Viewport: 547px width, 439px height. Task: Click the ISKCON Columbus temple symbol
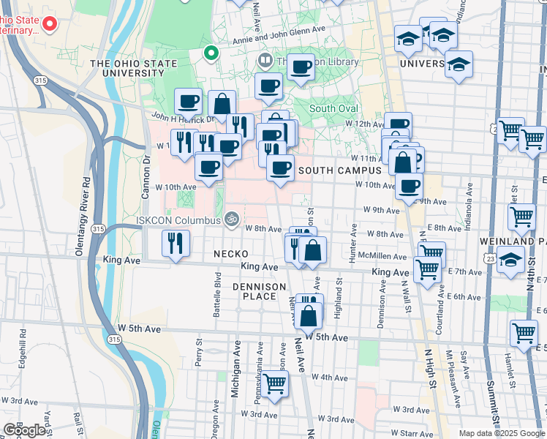point(230,218)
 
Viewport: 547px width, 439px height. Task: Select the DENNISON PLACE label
point(254,291)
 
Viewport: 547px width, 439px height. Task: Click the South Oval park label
point(333,108)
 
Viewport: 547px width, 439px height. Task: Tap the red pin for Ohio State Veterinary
point(49,23)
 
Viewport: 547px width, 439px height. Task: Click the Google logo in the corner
point(25,429)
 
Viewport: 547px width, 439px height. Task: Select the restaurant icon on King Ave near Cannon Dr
point(175,244)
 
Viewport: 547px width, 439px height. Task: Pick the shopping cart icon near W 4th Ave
point(274,384)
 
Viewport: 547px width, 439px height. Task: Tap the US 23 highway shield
point(490,258)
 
